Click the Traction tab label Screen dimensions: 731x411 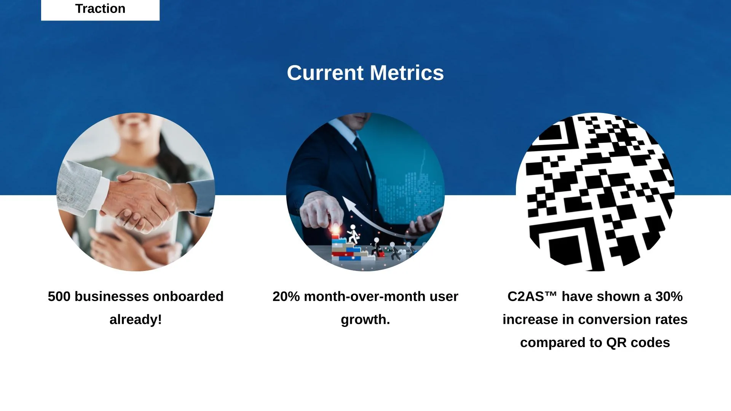point(100,8)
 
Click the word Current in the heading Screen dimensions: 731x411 point(325,73)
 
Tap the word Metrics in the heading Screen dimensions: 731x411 point(407,73)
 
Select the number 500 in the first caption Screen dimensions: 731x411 point(59,296)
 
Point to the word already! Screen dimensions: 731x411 point(136,320)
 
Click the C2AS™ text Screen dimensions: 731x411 point(532,296)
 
